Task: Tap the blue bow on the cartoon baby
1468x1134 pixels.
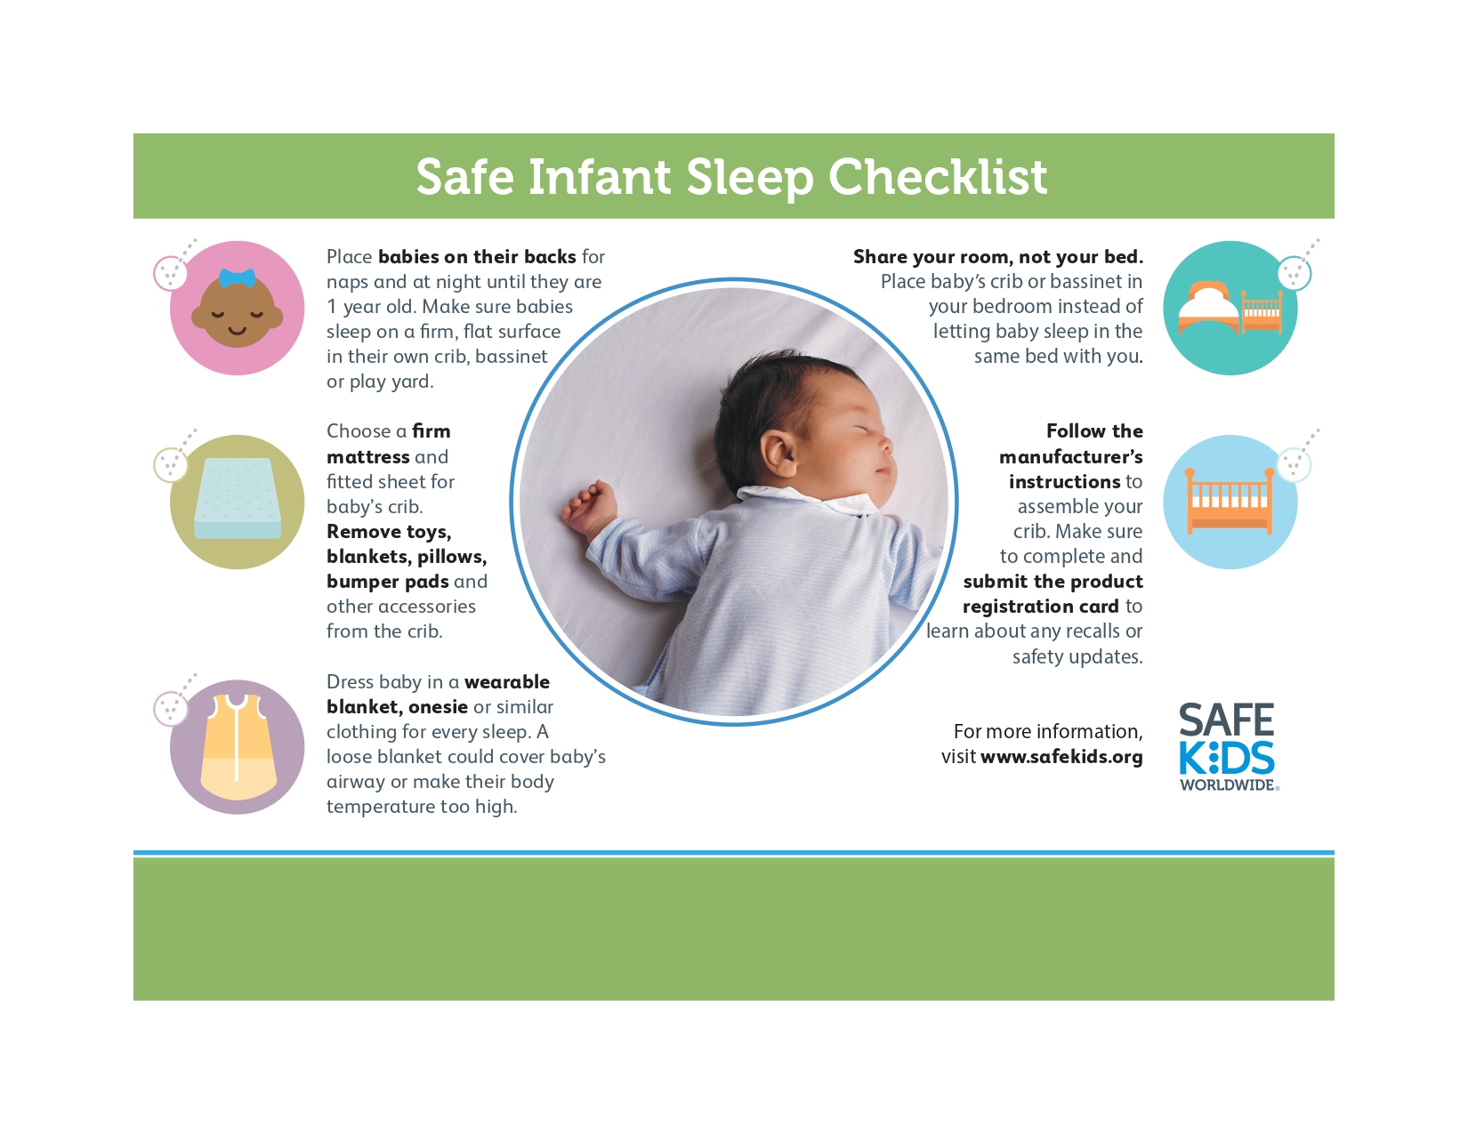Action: (237, 277)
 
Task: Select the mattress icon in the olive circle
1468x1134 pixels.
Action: (238, 498)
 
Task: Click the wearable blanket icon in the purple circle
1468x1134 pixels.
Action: (238, 747)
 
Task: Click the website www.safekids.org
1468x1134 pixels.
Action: (1061, 757)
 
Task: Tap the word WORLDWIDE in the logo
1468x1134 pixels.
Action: (1228, 785)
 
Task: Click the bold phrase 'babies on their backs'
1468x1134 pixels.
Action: (477, 257)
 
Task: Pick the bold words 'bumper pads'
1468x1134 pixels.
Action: (388, 582)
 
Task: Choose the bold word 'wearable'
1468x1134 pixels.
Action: (507, 682)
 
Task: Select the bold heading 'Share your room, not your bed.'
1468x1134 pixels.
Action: (997, 257)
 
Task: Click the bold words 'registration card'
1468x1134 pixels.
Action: (1040, 607)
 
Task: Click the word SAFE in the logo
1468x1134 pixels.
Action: (1226, 720)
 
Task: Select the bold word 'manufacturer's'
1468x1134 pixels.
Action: (1070, 457)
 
